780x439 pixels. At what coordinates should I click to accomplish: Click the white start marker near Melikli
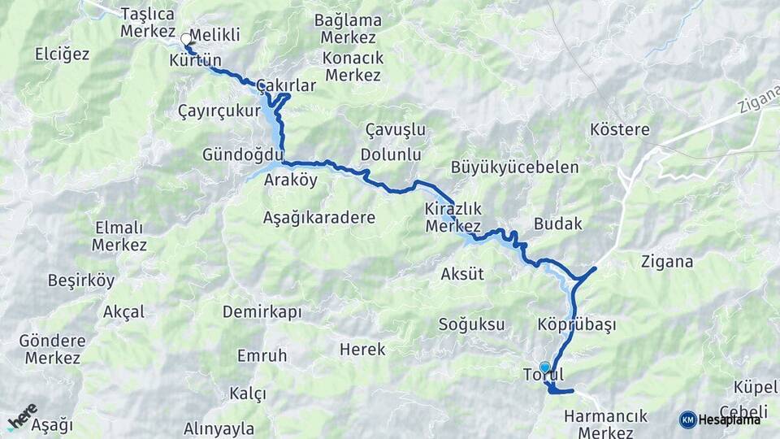(187, 38)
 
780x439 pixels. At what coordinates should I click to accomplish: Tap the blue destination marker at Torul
(544, 367)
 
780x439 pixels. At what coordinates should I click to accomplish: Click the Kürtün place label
(196, 61)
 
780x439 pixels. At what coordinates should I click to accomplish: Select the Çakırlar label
(285, 85)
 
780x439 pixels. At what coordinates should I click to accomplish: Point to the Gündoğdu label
(243, 154)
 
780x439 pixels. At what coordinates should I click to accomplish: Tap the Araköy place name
(290, 180)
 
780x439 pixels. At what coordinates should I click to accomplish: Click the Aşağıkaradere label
(318, 217)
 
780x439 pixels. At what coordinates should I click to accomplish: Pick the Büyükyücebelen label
(515, 167)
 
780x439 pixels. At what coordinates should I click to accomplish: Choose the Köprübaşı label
(576, 324)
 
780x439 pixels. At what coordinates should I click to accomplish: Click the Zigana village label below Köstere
(666, 262)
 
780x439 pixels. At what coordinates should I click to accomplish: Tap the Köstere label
(620, 129)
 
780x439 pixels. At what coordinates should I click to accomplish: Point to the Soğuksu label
(471, 324)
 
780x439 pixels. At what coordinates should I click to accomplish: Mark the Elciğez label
(62, 54)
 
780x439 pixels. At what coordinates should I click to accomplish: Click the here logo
(22, 415)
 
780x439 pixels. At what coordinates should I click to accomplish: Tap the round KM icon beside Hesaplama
(687, 419)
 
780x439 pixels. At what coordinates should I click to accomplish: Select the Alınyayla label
(219, 428)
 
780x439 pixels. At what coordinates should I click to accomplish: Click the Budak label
(558, 224)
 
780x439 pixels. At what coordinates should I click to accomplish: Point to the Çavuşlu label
(396, 130)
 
